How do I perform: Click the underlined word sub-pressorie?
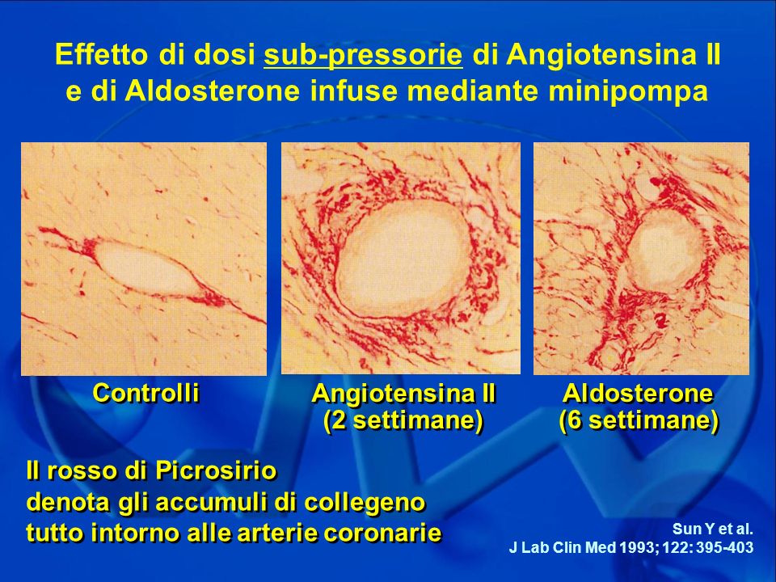[x=363, y=55]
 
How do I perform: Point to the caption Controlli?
[x=146, y=393]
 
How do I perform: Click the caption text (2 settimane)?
[x=403, y=420]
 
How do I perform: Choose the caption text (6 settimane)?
[x=639, y=420]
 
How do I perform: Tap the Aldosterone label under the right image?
[x=639, y=394]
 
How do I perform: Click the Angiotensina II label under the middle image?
[x=403, y=394]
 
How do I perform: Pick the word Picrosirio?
[x=216, y=470]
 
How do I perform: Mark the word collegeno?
[x=365, y=503]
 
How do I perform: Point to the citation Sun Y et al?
[x=713, y=529]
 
